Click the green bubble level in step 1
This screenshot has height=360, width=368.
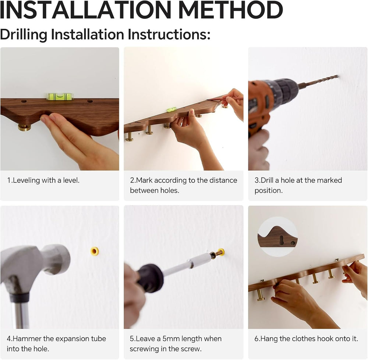coord(60,96)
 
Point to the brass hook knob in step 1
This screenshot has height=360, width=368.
coord(24,127)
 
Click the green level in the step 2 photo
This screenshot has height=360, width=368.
coord(172,109)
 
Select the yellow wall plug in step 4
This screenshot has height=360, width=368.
coord(94,251)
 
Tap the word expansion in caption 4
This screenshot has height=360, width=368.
coord(72,339)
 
